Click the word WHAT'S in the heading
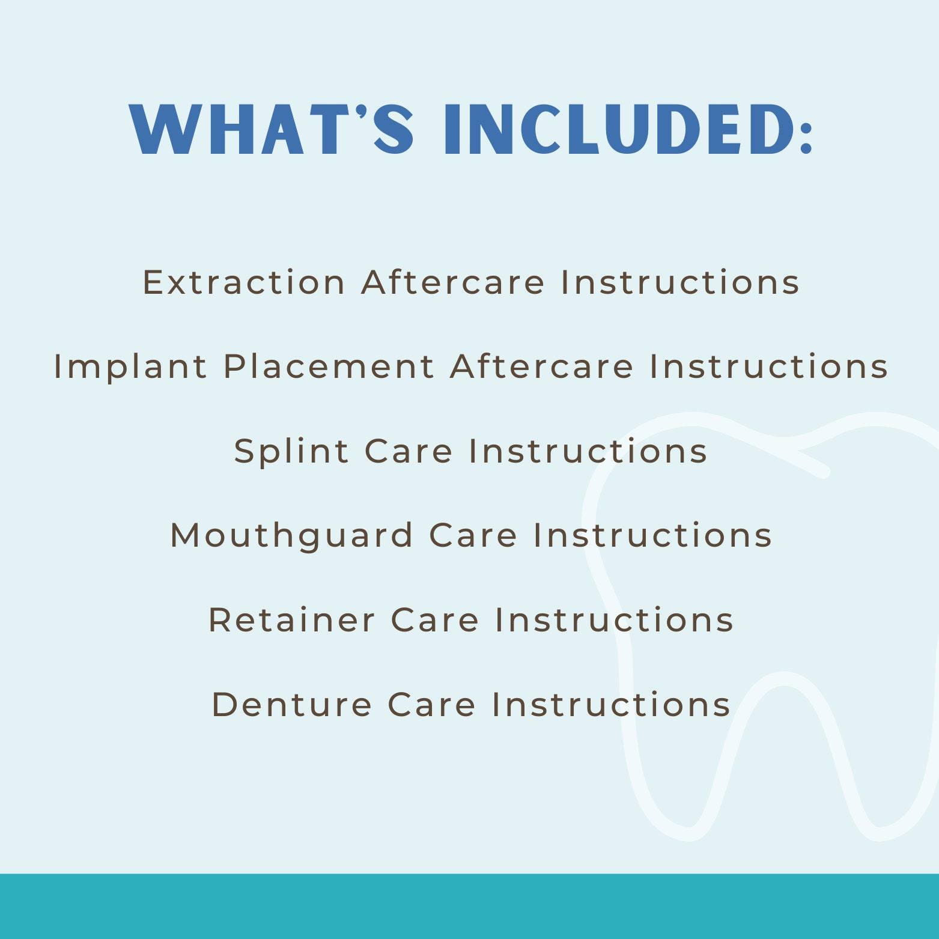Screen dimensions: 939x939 click(272, 130)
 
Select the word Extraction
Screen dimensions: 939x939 click(243, 282)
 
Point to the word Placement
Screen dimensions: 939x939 click(329, 366)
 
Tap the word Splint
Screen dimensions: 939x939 click(291, 452)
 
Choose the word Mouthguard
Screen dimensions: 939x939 click(292, 536)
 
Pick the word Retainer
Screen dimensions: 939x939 click(291, 620)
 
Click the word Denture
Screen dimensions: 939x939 click(291, 704)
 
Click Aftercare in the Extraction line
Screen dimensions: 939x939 click(453, 282)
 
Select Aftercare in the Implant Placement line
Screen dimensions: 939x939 click(542, 366)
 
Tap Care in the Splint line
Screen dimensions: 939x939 click(409, 452)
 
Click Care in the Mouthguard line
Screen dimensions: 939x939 click(473, 536)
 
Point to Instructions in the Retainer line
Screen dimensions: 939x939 click(614, 620)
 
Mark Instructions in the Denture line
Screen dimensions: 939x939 click(611, 704)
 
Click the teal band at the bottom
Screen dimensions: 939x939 click(469, 906)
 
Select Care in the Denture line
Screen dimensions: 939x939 click(431, 704)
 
